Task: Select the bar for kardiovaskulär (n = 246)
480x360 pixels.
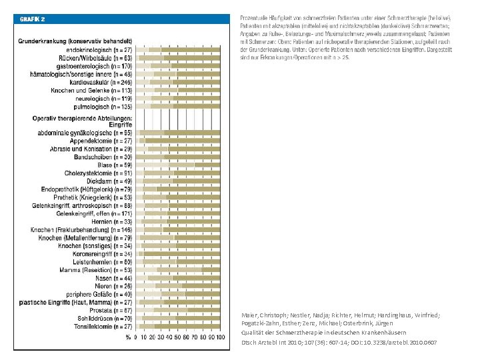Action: pos(179,81)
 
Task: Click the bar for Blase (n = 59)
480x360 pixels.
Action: pos(179,165)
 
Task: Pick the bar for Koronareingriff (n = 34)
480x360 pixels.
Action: pos(179,254)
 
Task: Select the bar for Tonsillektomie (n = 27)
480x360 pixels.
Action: pos(179,327)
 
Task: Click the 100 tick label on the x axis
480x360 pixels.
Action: pos(220,337)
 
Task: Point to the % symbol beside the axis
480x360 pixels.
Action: pos(128,337)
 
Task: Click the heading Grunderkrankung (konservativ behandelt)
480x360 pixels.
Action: pos(83,42)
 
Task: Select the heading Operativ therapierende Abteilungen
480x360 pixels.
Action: pos(83,117)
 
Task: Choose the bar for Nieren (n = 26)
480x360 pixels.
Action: pos(179,286)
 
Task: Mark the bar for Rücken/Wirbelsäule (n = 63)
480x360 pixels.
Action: pos(179,58)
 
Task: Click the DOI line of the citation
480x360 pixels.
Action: pos(339,343)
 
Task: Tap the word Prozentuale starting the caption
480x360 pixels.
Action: pos(253,16)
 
